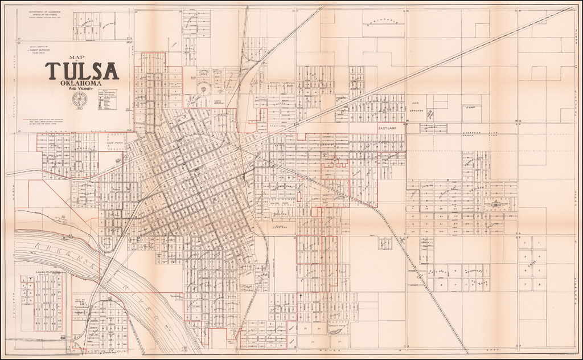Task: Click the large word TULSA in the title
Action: click(x=82, y=71)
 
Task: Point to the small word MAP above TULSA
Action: click(x=75, y=57)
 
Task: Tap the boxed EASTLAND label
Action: click(x=390, y=129)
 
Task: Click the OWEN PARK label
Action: click(x=114, y=153)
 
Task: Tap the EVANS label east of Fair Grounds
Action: click(x=470, y=107)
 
